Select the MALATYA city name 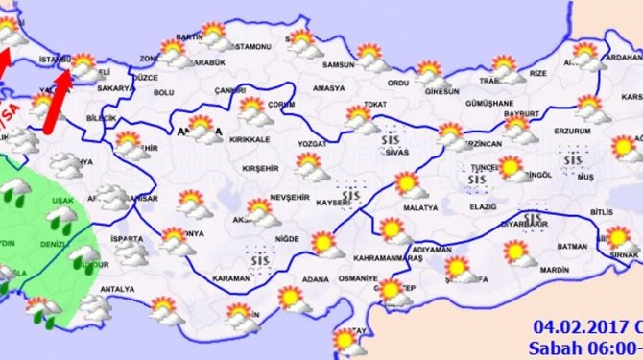(419, 207)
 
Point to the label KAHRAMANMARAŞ (390, 259)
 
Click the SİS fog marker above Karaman (256, 257)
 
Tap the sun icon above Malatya (407, 183)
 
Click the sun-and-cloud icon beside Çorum (255, 109)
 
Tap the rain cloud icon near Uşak (63, 222)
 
